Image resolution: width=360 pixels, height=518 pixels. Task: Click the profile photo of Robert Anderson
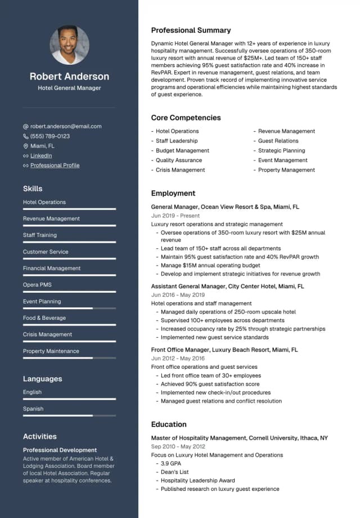tap(69, 45)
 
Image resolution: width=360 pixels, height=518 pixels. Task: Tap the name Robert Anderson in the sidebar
tap(69, 77)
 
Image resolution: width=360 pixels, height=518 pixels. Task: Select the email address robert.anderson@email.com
tap(66, 127)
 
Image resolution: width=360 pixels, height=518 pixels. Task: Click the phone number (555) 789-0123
tap(50, 136)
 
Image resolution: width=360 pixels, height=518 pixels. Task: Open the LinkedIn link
tap(41, 155)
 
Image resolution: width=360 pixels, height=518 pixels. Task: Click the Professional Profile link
tap(55, 166)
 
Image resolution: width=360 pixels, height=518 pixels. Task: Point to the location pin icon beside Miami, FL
tap(26, 146)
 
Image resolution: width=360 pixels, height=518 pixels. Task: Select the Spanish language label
tap(33, 409)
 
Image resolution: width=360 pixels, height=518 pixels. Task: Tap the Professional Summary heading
tap(191, 30)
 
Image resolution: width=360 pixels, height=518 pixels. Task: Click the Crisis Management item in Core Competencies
tap(180, 170)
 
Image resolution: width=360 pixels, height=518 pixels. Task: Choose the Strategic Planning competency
tap(281, 151)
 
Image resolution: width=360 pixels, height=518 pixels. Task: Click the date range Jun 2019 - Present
tap(175, 216)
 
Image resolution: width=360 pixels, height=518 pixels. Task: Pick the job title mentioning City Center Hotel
tap(227, 287)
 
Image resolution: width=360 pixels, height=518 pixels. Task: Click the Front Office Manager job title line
tap(224, 350)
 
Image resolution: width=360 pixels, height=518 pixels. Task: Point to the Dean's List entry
tap(174, 472)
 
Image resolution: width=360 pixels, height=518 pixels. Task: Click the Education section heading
tap(169, 425)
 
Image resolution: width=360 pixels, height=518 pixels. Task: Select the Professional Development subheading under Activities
tap(60, 450)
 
